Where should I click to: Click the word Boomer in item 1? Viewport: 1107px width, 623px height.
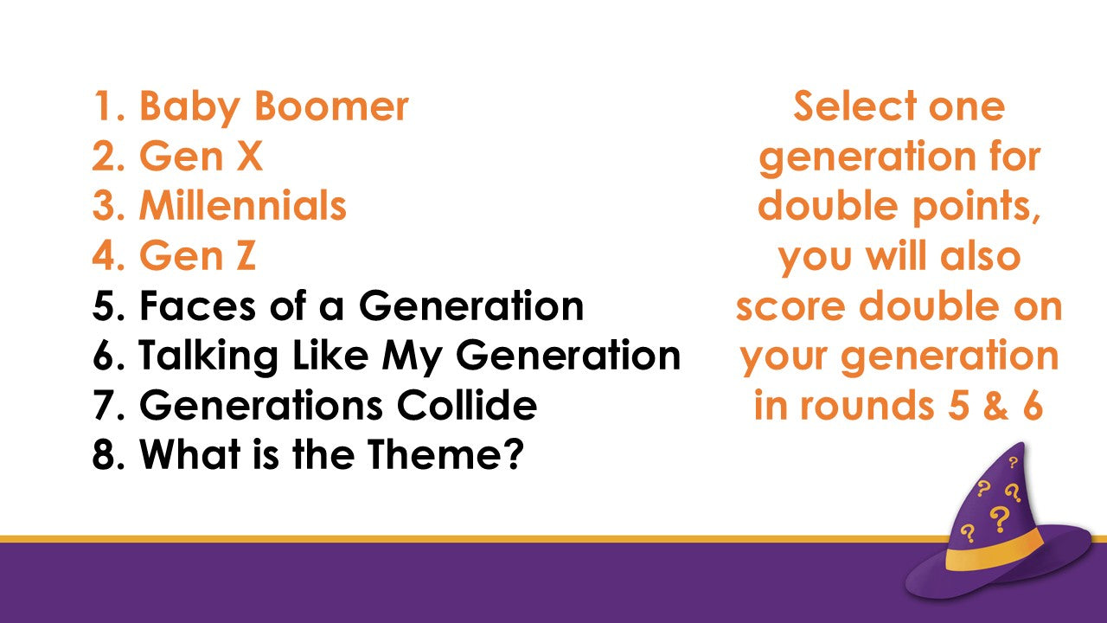tap(331, 106)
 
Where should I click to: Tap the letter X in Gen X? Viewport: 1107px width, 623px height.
tap(250, 156)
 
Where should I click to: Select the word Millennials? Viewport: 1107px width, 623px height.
tap(243, 205)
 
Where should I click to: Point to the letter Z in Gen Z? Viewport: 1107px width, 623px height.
tap(246, 255)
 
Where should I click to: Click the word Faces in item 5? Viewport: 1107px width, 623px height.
tap(198, 305)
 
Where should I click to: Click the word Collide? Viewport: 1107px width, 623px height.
tap(467, 404)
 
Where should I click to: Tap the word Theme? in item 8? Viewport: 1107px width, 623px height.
tap(445, 454)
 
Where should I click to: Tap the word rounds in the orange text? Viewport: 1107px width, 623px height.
tap(867, 405)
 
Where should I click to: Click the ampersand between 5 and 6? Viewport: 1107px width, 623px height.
tap(995, 405)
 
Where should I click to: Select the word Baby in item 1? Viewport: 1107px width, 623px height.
tap(190, 106)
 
